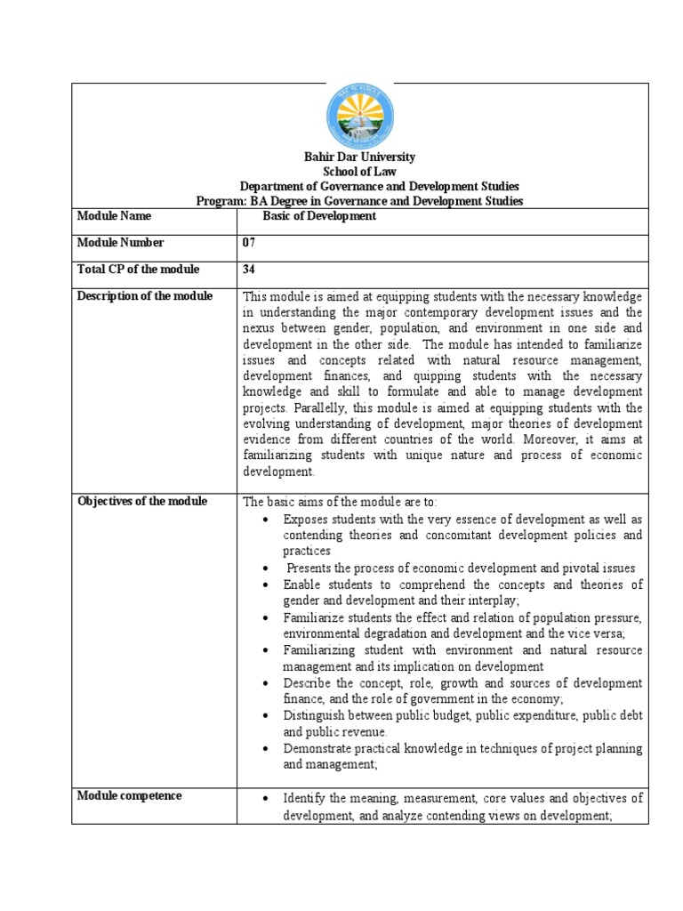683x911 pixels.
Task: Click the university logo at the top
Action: [359, 116]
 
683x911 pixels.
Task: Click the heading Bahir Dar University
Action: [359, 157]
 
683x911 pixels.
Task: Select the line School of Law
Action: [359, 172]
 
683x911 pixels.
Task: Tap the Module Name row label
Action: [114, 216]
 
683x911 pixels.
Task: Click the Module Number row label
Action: [120, 243]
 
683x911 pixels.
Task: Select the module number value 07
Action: [249, 243]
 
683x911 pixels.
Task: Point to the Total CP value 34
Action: [249, 270]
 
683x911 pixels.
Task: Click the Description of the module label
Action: [145, 296]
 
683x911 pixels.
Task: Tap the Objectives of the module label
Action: [142, 501]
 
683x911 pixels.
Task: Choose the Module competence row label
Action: [130, 795]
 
